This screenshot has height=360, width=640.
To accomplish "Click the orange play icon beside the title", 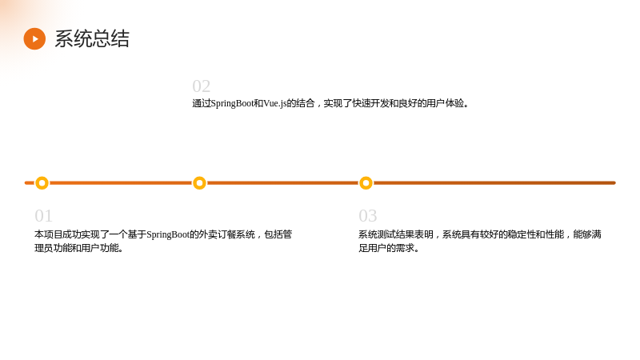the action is point(34,38).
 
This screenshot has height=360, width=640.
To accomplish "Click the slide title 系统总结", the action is point(92,38).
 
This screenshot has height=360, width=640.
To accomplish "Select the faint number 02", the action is point(202,86).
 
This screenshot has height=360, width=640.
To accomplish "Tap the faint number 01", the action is point(44,215).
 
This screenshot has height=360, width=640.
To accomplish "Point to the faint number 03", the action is point(368,215).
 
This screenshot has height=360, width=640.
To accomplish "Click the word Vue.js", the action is point(275,104).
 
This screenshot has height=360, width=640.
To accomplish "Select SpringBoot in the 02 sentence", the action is point(232,104).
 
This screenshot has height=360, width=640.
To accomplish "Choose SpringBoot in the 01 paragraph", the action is point(168,234).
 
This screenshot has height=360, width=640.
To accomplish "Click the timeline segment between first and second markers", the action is point(121,183).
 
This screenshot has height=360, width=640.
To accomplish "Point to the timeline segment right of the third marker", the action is point(494,183).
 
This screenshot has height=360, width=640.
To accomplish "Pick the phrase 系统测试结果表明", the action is point(396,234).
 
